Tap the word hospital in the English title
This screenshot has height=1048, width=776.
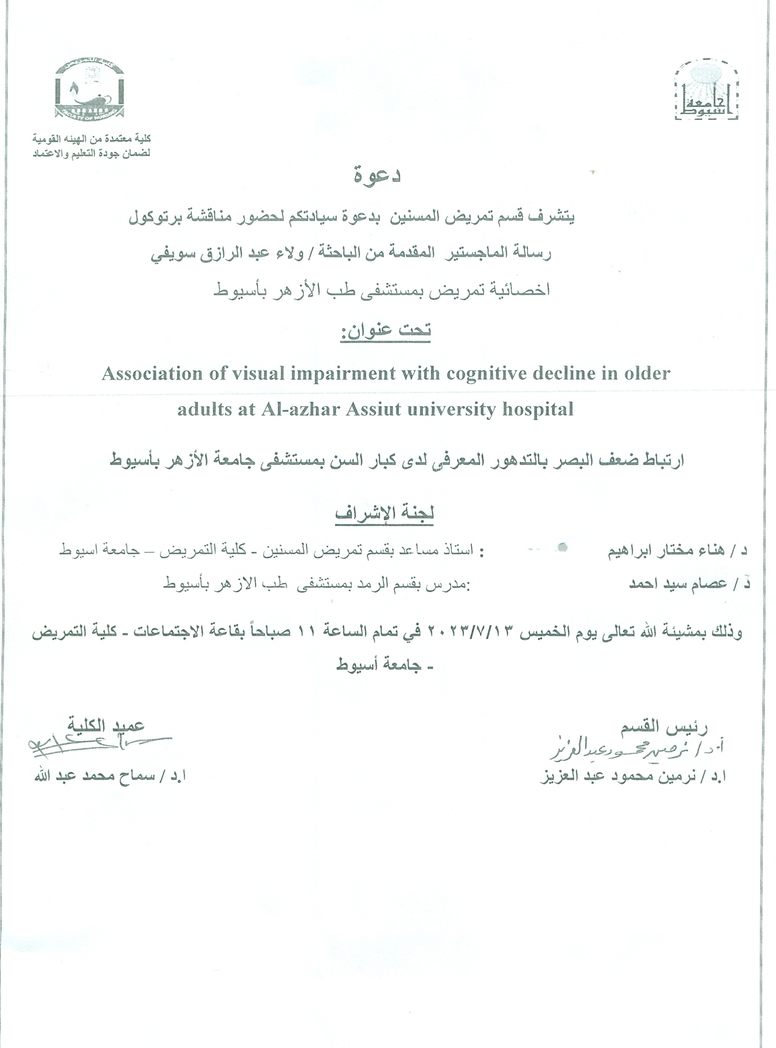pos(538,409)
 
